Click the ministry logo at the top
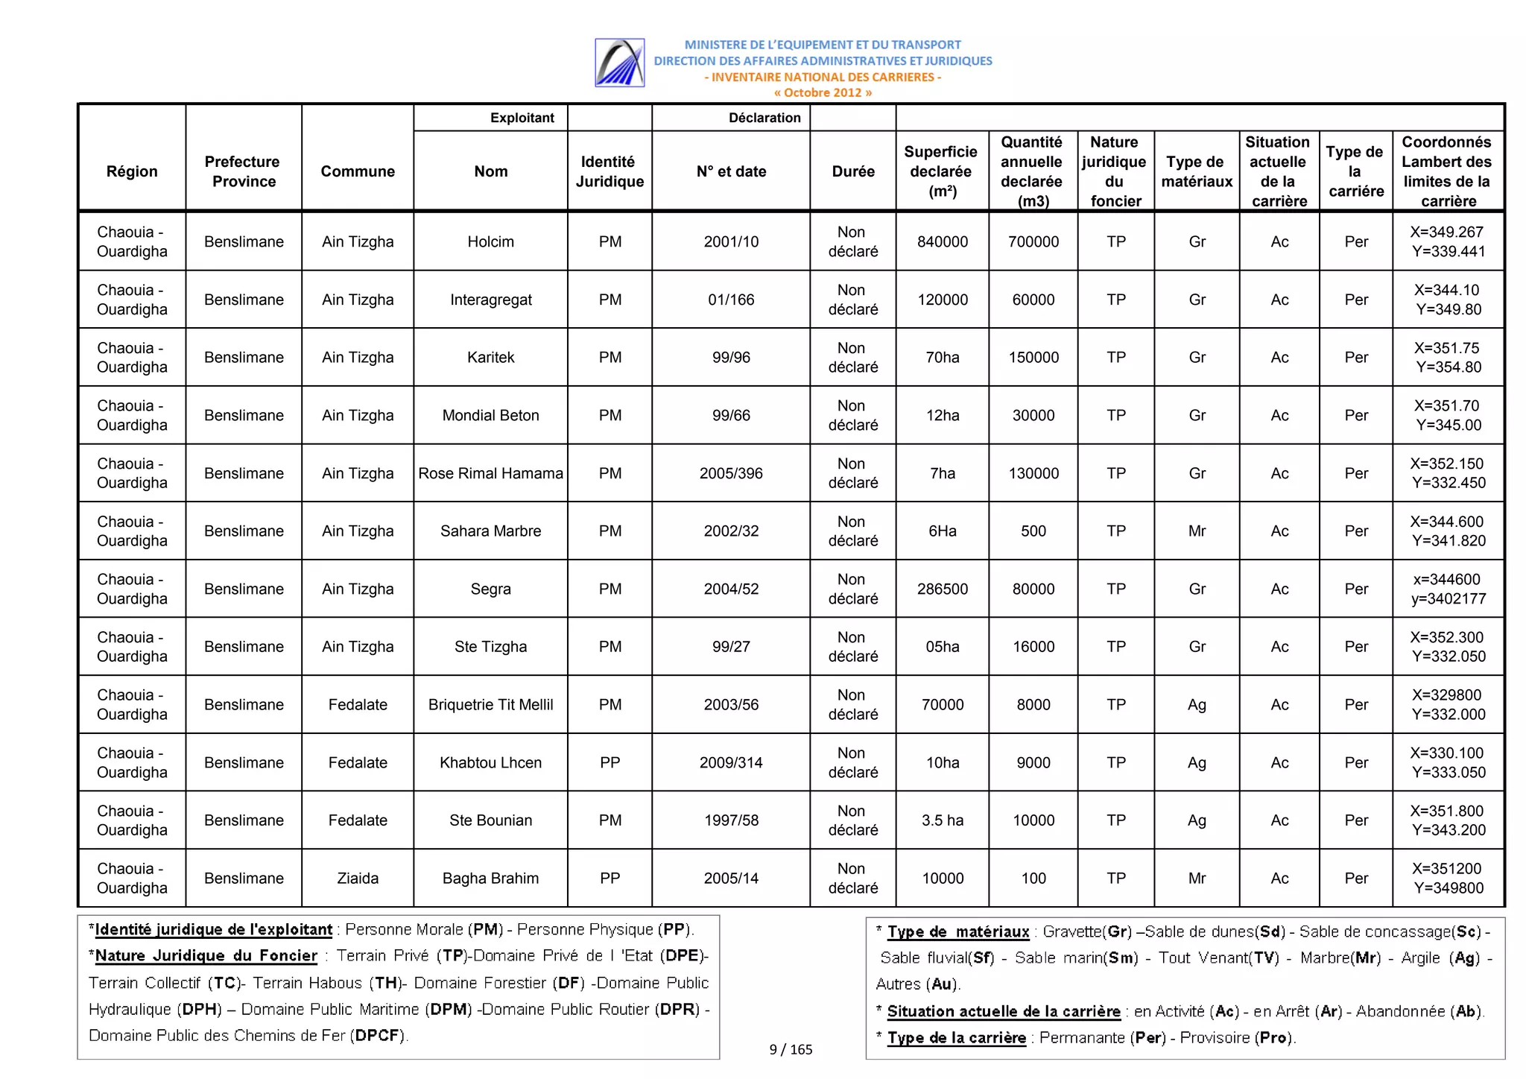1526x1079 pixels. tap(619, 63)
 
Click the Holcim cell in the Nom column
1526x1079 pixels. tap(490, 241)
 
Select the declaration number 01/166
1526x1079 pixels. tap(730, 300)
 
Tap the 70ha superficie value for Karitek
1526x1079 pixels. tap(942, 358)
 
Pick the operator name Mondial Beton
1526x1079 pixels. tap(490, 415)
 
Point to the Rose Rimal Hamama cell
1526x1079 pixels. tap(490, 473)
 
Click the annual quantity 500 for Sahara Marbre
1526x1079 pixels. tap(1033, 531)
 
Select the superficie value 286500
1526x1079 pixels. tap(942, 589)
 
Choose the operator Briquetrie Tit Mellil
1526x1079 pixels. tap(490, 705)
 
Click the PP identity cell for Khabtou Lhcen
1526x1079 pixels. tap(610, 762)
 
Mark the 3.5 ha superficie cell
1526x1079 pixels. tap(942, 820)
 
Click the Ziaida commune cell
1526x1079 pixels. tap(358, 879)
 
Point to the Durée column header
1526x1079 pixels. tap(852, 171)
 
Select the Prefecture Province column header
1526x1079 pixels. tap(243, 171)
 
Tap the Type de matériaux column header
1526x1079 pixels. tap(1196, 171)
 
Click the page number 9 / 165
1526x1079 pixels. tap(790, 1049)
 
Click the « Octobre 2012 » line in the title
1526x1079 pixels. tap(822, 92)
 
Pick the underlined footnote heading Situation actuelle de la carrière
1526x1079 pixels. tap(1003, 1011)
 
